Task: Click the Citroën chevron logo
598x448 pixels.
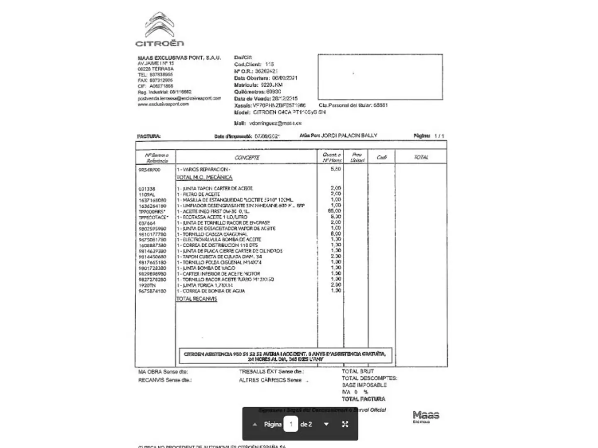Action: pyautogui.click(x=160, y=25)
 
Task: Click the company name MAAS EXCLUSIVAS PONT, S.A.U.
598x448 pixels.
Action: pyautogui.click(x=179, y=58)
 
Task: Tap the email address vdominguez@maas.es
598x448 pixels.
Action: pyautogui.click(x=275, y=123)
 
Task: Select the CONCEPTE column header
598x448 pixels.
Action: pyautogui.click(x=247, y=158)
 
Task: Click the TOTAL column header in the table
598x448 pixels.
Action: pyautogui.click(x=421, y=157)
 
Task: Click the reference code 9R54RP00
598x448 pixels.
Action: pyautogui.click(x=149, y=170)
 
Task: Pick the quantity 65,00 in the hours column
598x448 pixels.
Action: pyautogui.click(x=335, y=211)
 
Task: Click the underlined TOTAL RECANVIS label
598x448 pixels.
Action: pyautogui.click(x=196, y=299)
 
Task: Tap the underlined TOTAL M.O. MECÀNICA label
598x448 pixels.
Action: pyautogui.click(x=204, y=177)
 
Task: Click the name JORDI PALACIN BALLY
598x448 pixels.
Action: pyautogui.click(x=349, y=135)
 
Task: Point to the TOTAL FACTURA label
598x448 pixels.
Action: pyautogui.click(x=363, y=399)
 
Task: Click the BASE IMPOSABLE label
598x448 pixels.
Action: pyautogui.click(x=364, y=385)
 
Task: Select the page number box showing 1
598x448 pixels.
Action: pyautogui.click(x=291, y=424)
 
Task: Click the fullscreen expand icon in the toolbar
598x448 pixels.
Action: pyautogui.click(x=345, y=424)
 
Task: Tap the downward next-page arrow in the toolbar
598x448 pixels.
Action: pyautogui.click(x=326, y=424)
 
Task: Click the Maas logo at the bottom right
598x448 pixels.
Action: pyautogui.click(x=426, y=416)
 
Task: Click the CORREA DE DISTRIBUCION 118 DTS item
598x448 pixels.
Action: pyautogui.click(x=220, y=245)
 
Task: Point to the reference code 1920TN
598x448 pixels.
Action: pyautogui.click(x=147, y=285)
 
